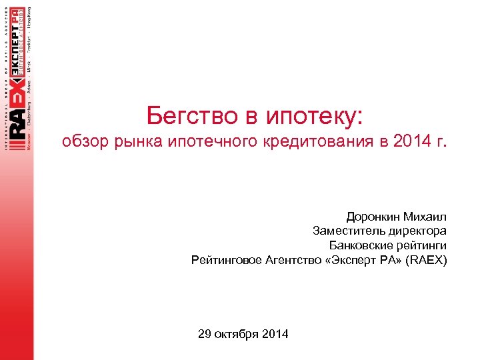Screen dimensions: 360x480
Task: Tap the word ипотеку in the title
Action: coord(314,117)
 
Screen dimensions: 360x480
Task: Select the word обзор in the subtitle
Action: coord(85,142)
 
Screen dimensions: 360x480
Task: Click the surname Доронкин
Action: coord(375,217)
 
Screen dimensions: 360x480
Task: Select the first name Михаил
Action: coord(427,217)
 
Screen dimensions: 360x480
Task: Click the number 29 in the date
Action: coord(205,334)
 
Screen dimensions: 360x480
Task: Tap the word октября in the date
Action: coord(237,334)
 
